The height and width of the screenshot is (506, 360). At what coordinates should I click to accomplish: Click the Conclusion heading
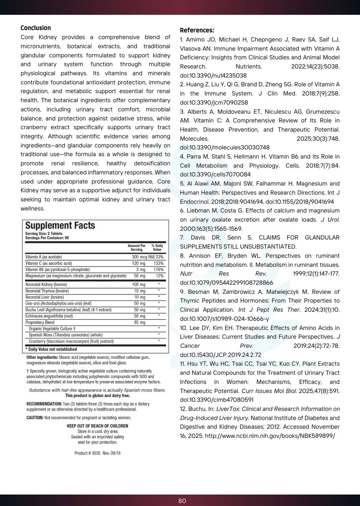[36, 28]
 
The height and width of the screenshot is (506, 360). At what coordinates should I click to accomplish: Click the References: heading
[197, 30]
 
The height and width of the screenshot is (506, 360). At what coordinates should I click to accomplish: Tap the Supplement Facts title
[60, 226]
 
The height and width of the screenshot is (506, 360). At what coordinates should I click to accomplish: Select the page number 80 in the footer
[182, 501]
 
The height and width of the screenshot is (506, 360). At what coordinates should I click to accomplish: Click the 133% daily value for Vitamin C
[158, 263]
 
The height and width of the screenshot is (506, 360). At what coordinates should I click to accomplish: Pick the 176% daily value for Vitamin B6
[158, 270]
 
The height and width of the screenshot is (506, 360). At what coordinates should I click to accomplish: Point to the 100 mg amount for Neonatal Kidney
[139, 285]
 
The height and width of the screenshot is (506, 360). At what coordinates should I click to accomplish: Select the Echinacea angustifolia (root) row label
[49, 316]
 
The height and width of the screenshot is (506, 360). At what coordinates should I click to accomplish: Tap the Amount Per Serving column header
[137, 248]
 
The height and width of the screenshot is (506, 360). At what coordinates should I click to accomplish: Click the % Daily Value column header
[157, 248]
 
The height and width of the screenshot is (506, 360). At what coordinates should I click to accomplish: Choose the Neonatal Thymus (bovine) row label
[47, 291]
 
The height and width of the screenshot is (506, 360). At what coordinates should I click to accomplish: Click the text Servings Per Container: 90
[47, 238]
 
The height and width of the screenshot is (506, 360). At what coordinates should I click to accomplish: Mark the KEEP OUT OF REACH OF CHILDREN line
[97, 426]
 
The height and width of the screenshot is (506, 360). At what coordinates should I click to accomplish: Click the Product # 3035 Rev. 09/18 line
[97, 453]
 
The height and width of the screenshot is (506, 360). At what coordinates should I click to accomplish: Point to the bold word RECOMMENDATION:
[44, 404]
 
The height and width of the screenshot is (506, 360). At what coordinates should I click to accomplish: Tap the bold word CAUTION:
[35, 418]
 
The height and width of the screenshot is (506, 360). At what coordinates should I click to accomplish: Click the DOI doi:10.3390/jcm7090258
[214, 103]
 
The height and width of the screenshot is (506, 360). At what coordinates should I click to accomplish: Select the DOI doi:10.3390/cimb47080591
[216, 400]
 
